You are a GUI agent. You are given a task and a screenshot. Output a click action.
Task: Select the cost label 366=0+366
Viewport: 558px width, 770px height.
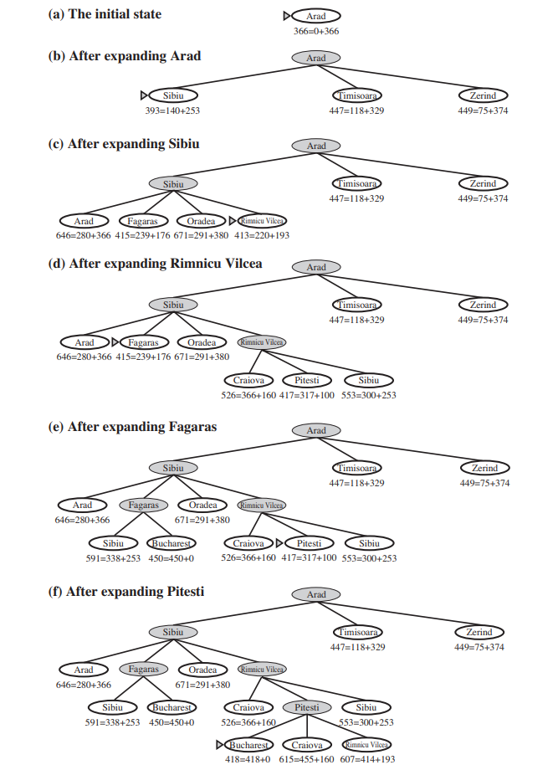316,31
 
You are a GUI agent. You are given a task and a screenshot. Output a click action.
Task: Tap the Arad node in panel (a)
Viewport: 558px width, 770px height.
316,16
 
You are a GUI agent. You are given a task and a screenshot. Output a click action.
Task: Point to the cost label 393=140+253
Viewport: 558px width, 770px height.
173,110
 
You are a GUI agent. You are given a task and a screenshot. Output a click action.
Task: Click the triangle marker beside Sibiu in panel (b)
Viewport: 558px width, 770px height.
144,95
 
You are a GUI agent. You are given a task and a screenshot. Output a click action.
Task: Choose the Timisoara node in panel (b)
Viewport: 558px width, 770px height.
356,95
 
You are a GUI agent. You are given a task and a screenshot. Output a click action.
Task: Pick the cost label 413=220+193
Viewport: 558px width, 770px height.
262,236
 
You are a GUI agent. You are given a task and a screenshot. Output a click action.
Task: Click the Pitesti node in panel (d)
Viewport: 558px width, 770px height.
308,380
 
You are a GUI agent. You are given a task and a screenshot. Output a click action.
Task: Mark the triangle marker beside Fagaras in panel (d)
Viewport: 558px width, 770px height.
115,342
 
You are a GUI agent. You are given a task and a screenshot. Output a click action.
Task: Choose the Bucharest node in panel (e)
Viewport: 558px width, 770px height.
171,543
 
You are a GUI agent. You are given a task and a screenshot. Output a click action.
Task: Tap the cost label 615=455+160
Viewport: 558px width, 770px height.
306,759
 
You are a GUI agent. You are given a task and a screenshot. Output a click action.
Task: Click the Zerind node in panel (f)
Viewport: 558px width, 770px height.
481,632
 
